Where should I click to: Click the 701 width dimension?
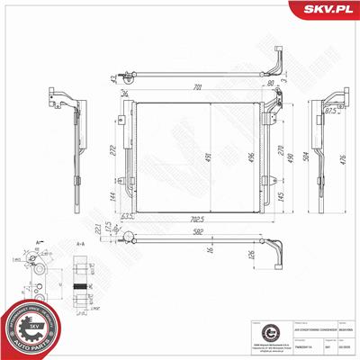coord(197,88)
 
